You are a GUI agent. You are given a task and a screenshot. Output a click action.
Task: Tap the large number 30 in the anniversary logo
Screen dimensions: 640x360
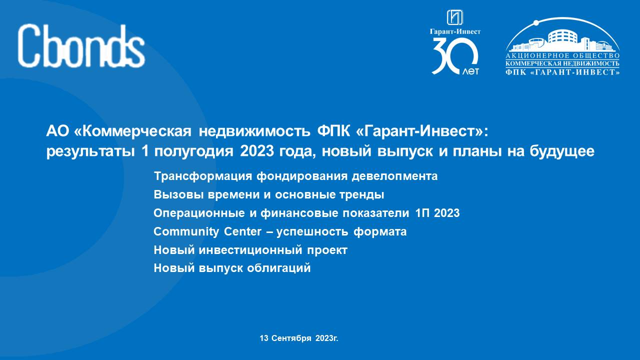(454, 56)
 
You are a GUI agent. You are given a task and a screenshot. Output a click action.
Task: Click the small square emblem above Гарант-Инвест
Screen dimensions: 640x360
(455, 17)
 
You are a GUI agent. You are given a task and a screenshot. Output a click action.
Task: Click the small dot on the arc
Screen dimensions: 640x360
(536, 22)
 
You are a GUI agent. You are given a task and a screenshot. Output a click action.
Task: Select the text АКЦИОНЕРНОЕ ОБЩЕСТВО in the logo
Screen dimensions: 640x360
(562, 56)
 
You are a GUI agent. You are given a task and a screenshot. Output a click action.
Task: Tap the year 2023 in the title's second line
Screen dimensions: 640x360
(257, 151)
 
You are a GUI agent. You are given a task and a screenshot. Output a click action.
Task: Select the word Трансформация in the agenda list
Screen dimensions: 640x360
(203, 176)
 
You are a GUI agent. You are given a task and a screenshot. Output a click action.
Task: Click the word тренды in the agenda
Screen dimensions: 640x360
(361, 195)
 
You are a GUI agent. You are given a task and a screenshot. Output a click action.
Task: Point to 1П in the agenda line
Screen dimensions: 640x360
(422, 213)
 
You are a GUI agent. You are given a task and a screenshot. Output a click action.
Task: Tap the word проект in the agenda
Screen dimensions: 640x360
(327, 250)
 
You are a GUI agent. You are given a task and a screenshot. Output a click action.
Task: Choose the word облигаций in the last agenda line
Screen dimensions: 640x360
(279, 268)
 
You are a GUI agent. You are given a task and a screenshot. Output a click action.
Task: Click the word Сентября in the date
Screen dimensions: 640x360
(291, 338)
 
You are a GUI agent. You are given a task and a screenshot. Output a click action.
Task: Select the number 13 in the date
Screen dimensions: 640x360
(264, 338)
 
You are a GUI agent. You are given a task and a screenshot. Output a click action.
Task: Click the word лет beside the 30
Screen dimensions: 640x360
(470, 71)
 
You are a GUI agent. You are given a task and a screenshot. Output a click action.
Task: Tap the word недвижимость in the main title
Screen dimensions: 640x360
(254, 131)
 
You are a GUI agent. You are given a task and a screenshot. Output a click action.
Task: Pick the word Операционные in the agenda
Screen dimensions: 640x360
(199, 213)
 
